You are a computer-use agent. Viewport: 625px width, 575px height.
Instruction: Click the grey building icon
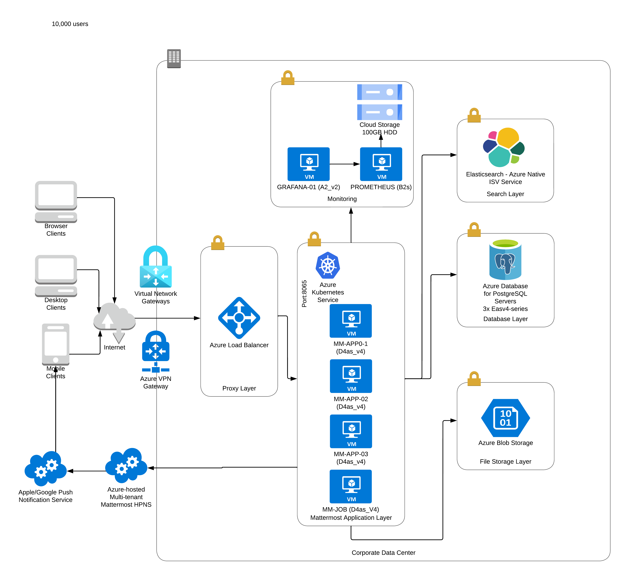(174, 58)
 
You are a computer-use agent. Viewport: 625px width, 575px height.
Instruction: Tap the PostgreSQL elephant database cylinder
(505, 259)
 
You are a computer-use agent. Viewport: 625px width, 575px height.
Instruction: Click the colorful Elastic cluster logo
(504, 147)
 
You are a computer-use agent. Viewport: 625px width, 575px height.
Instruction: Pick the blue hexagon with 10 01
(505, 418)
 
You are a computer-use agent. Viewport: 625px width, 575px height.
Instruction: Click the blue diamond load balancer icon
(239, 318)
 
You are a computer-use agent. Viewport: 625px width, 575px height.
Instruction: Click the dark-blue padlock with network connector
(156, 351)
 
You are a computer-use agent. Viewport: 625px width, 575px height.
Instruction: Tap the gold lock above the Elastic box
(474, 115)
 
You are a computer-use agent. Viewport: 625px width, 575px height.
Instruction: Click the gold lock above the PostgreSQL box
(474, 230)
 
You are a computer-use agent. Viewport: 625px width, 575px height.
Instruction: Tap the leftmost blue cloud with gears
(46, 468)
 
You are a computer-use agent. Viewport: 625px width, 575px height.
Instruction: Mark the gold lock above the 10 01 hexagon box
(474, 379)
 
